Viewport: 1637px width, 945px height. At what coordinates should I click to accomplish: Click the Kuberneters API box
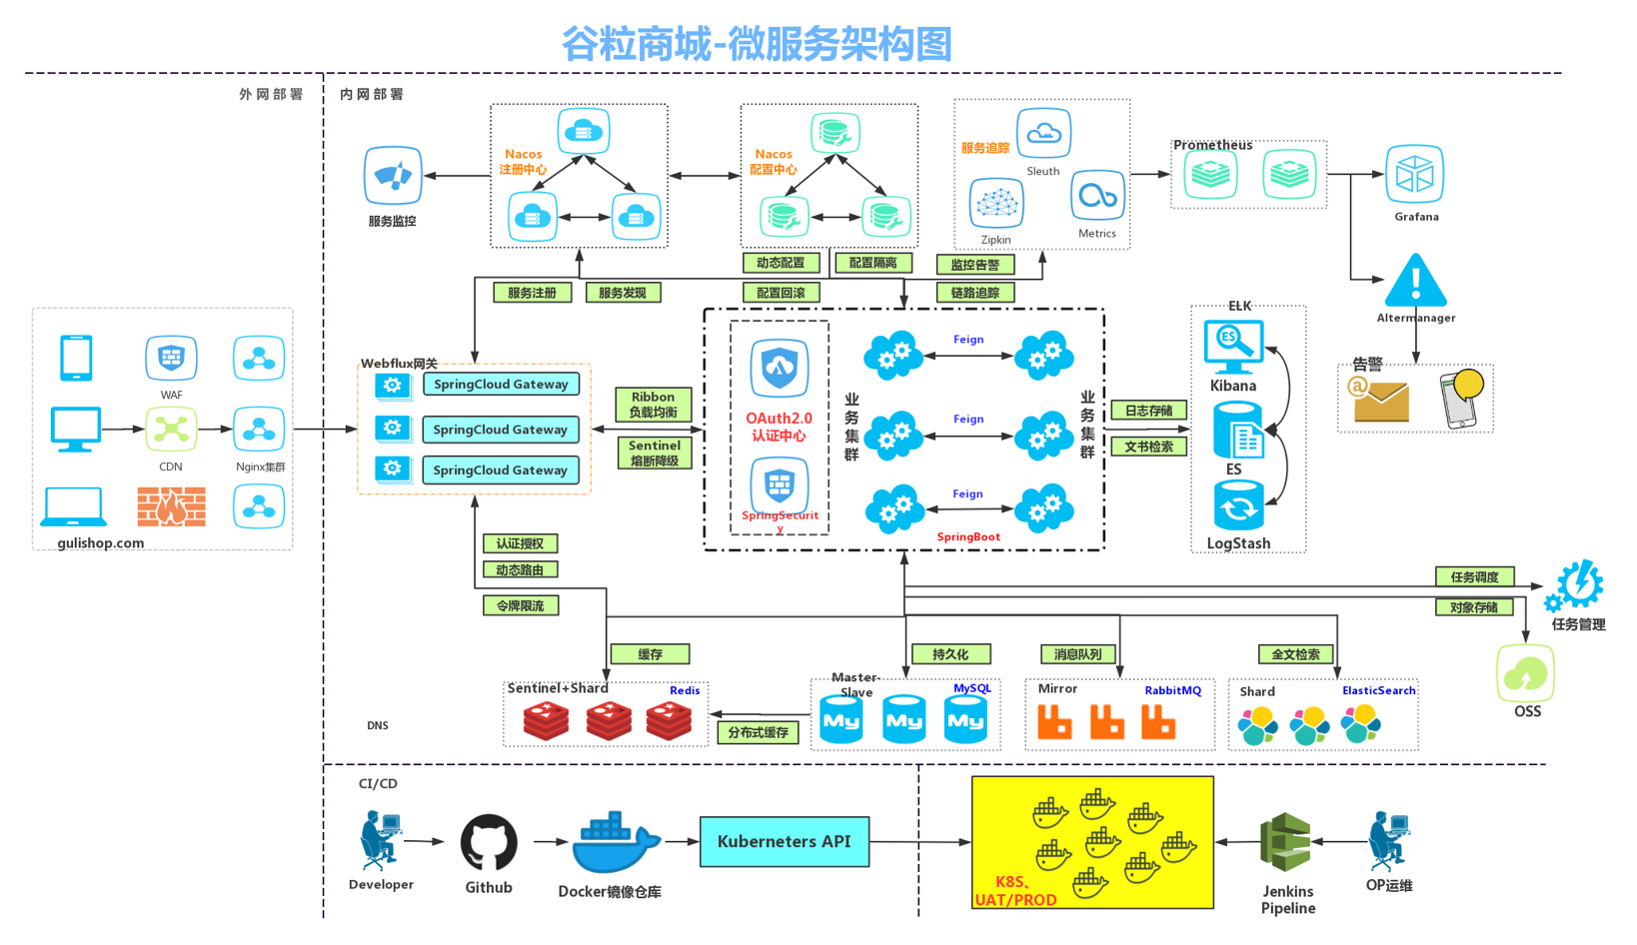click(x=784, y=841)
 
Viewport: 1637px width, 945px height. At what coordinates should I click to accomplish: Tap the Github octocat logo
click(x=489, y=842)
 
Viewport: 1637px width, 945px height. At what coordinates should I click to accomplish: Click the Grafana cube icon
click(x=1414, y=175)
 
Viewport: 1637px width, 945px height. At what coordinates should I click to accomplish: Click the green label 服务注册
click(x=532, y=293)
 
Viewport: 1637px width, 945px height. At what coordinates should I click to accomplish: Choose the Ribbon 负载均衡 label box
click(x=654, y=405)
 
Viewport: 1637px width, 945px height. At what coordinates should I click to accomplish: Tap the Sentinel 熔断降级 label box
click(x=654, y=453)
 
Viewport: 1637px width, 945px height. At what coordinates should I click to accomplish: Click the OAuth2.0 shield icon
click(x=780, y=369)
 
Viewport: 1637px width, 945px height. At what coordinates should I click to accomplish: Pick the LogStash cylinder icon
click(x=1238, y=506)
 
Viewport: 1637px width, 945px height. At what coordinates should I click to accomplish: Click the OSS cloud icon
click(x=1525, y=673)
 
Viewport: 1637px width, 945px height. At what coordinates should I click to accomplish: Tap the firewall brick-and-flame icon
click(x=172, y=506)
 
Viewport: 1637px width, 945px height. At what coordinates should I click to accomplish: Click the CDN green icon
click(x=171, y=430)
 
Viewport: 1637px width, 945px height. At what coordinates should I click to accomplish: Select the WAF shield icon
click(x=171, y=358)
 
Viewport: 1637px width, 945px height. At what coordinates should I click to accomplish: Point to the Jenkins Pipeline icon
click(x=1286, y=843)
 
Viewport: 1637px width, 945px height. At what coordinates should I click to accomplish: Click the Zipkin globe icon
click(x=995, y=204)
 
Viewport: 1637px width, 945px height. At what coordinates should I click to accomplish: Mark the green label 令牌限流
click(x=520, y=605)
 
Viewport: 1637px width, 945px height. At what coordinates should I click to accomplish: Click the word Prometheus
click(x=1212, y=145)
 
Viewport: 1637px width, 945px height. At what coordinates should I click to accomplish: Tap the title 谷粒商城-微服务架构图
click(x=757, y=44)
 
